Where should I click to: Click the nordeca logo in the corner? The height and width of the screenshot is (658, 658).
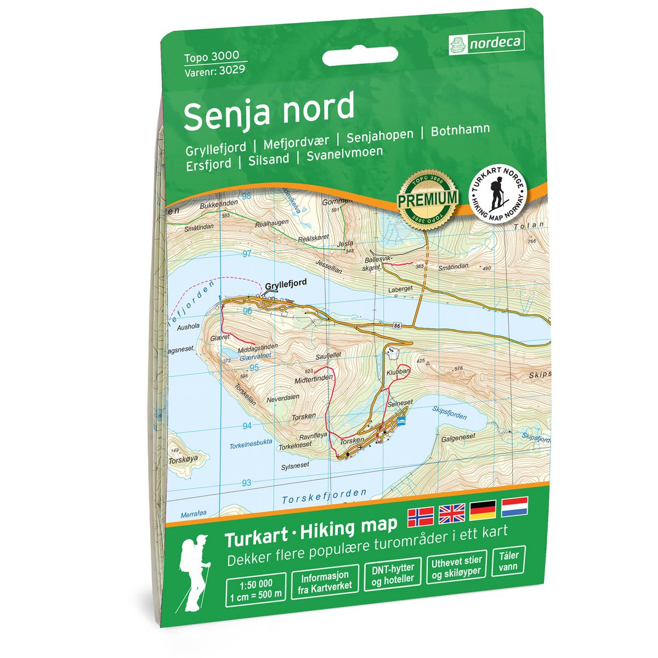[486, 42]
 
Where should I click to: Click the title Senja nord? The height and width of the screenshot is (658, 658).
[269, 110]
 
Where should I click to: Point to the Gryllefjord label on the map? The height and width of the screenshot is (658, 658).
[285, 285]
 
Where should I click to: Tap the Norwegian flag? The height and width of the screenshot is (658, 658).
[421, 516]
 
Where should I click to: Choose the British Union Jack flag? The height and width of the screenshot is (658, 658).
[452, 514]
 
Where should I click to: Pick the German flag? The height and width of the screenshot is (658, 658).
[483, 510]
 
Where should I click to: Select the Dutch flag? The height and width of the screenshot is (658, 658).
[514, 507]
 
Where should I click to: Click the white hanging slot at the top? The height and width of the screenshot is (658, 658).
[360, 56]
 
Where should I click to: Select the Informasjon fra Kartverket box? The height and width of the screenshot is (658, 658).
[326, 582]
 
